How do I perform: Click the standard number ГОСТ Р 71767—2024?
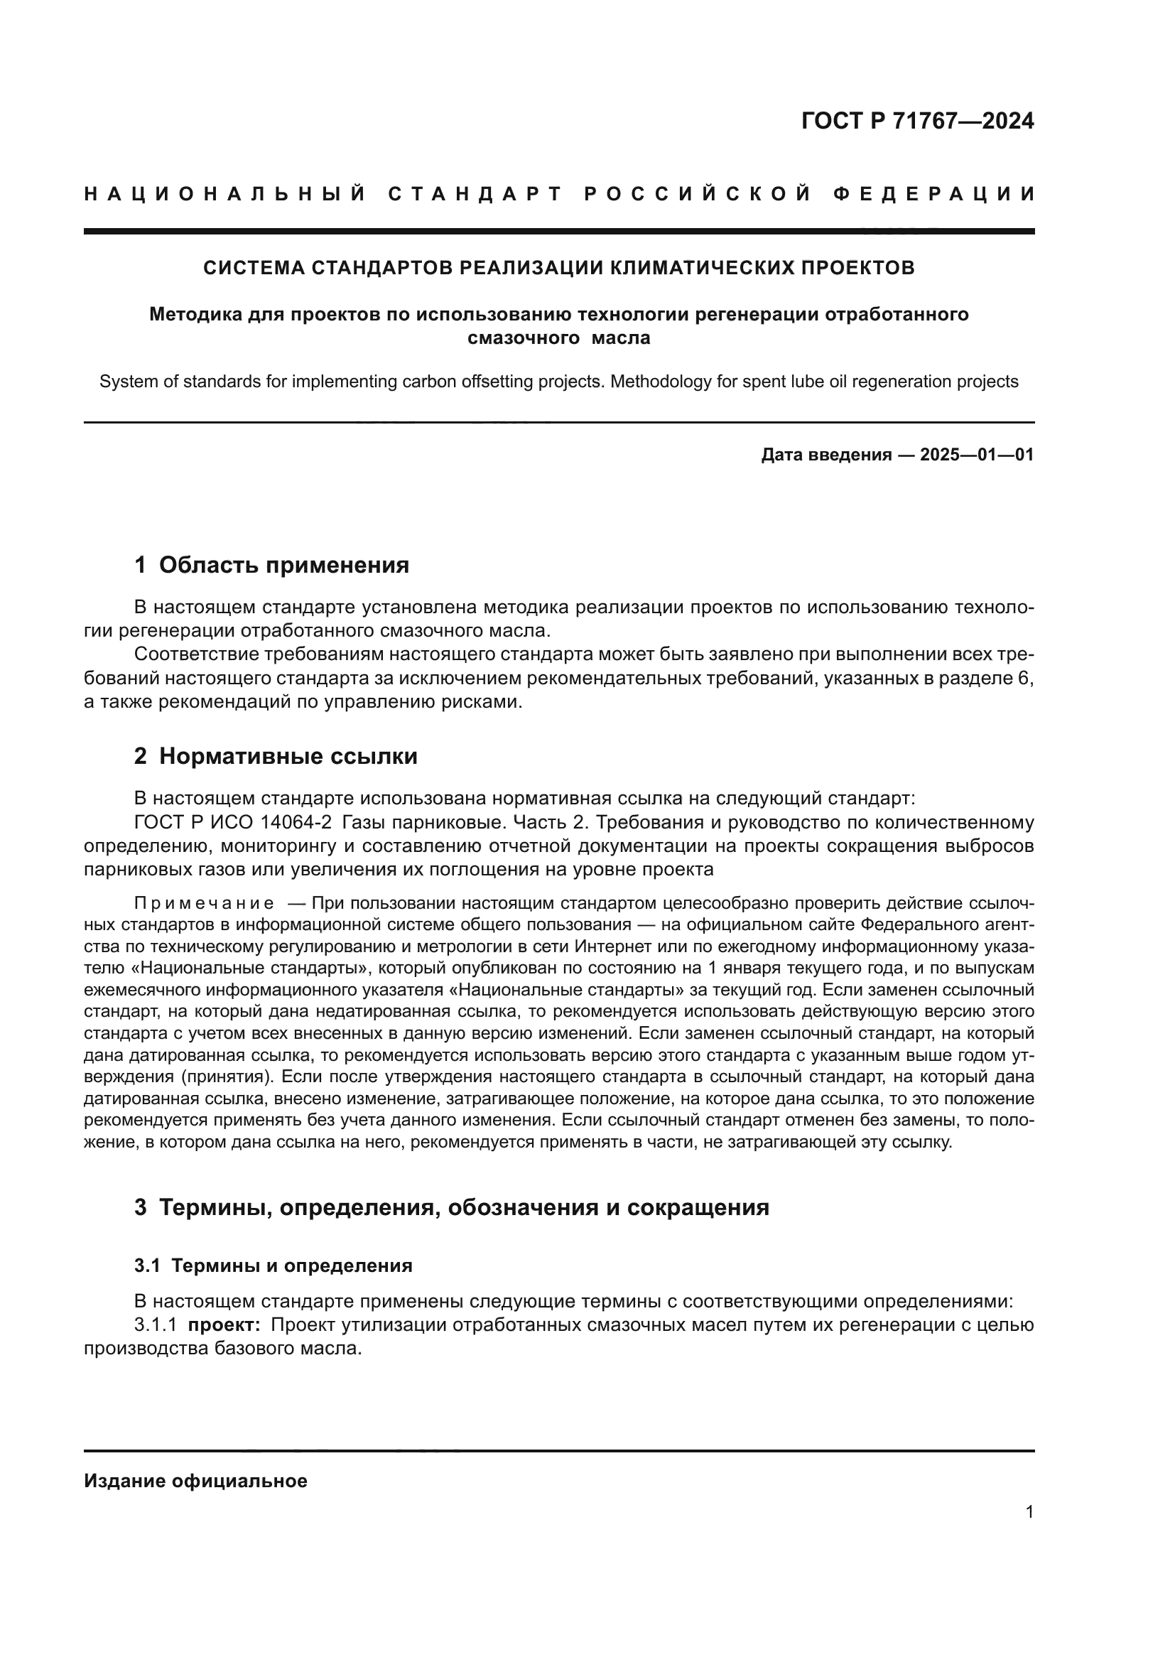[916, 121]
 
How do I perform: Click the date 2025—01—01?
[977, 455]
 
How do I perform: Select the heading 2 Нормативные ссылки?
[276, 757]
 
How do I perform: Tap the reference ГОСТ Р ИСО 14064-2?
[233, 823]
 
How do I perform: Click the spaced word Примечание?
[204, 903]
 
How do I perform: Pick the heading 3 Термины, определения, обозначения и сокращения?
[452, 1207]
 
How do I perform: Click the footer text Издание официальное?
[195, 1481]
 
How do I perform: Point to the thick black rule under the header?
[558, 232]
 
